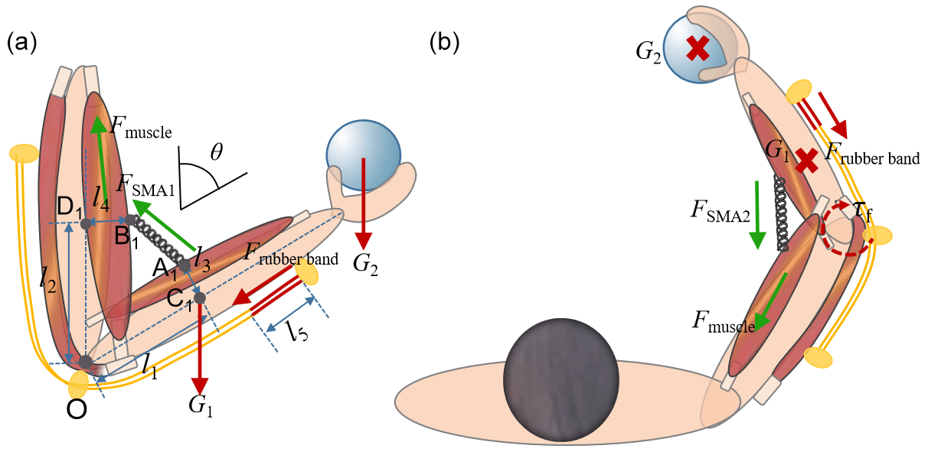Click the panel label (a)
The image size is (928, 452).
pyautogui.click(x=21, y=43)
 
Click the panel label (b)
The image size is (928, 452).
pyautogui.click(x=445, y=43)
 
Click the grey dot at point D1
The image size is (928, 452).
pyautogui.click(x=85, y=224)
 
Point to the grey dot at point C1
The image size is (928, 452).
pyautogui.click(x=199, y=298)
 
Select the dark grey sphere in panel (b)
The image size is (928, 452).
pyautogui.click(x=560, y=380)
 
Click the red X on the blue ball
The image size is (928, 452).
pyautogui.click(x=697, y=49)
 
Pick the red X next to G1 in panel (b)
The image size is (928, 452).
pyautogui.click(x=805, y=160)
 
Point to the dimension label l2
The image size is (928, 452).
pyautogui.click(x=47, y=281)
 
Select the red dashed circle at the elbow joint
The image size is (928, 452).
pyautogui.click(x=846, y=226)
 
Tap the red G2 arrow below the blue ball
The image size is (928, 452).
pyautogui.click(x=363, y=199)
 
